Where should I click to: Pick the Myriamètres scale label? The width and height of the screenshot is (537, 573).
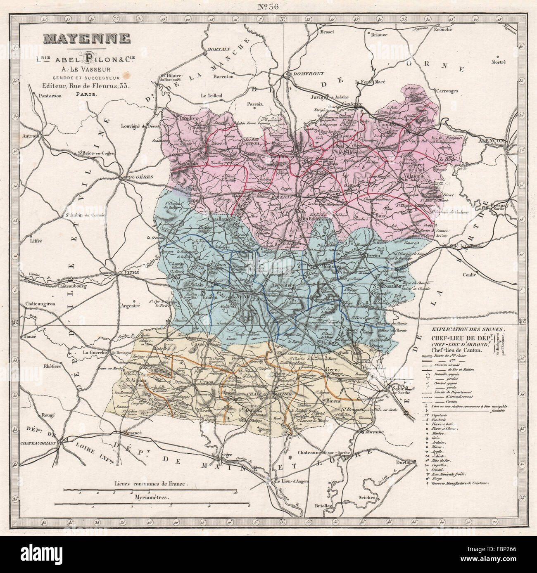click(152, 497)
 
